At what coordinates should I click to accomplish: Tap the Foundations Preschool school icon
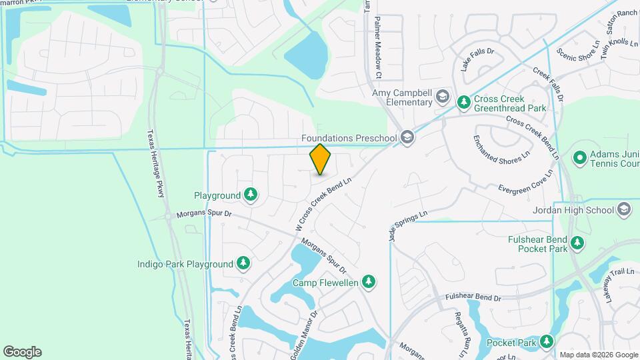(407, 138)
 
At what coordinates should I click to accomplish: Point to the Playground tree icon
(251, 195)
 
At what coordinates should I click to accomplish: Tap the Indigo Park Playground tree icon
(244, 264)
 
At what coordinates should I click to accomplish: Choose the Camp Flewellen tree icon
(368, 283)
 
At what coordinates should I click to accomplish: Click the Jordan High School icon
(624, 210)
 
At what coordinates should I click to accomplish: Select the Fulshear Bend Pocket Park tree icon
(577, 244)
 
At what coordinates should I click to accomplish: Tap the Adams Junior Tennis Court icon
(580, 158)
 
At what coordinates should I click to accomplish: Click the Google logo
(22, 352)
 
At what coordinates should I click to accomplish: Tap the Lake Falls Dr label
(477, 59)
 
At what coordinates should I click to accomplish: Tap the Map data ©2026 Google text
(598, 355)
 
